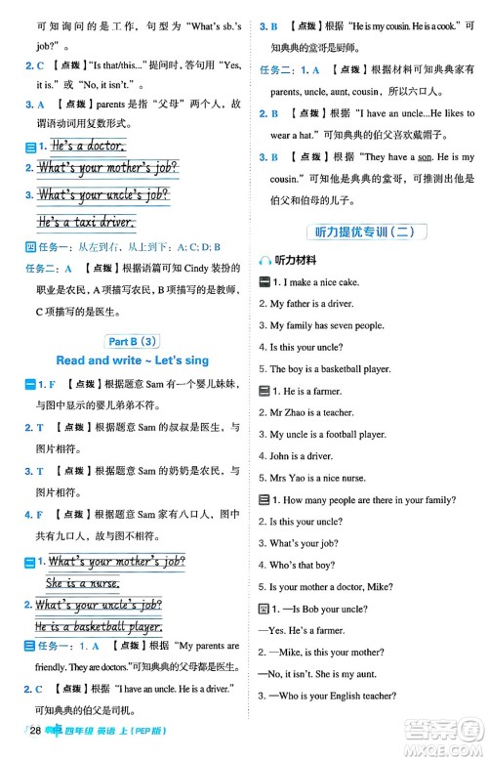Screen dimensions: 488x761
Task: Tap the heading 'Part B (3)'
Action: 132,340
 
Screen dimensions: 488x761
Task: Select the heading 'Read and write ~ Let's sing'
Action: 132,360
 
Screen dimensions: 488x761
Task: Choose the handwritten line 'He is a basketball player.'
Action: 98,628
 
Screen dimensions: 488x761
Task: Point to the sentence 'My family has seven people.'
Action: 327,325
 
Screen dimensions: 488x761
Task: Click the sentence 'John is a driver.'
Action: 302,456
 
